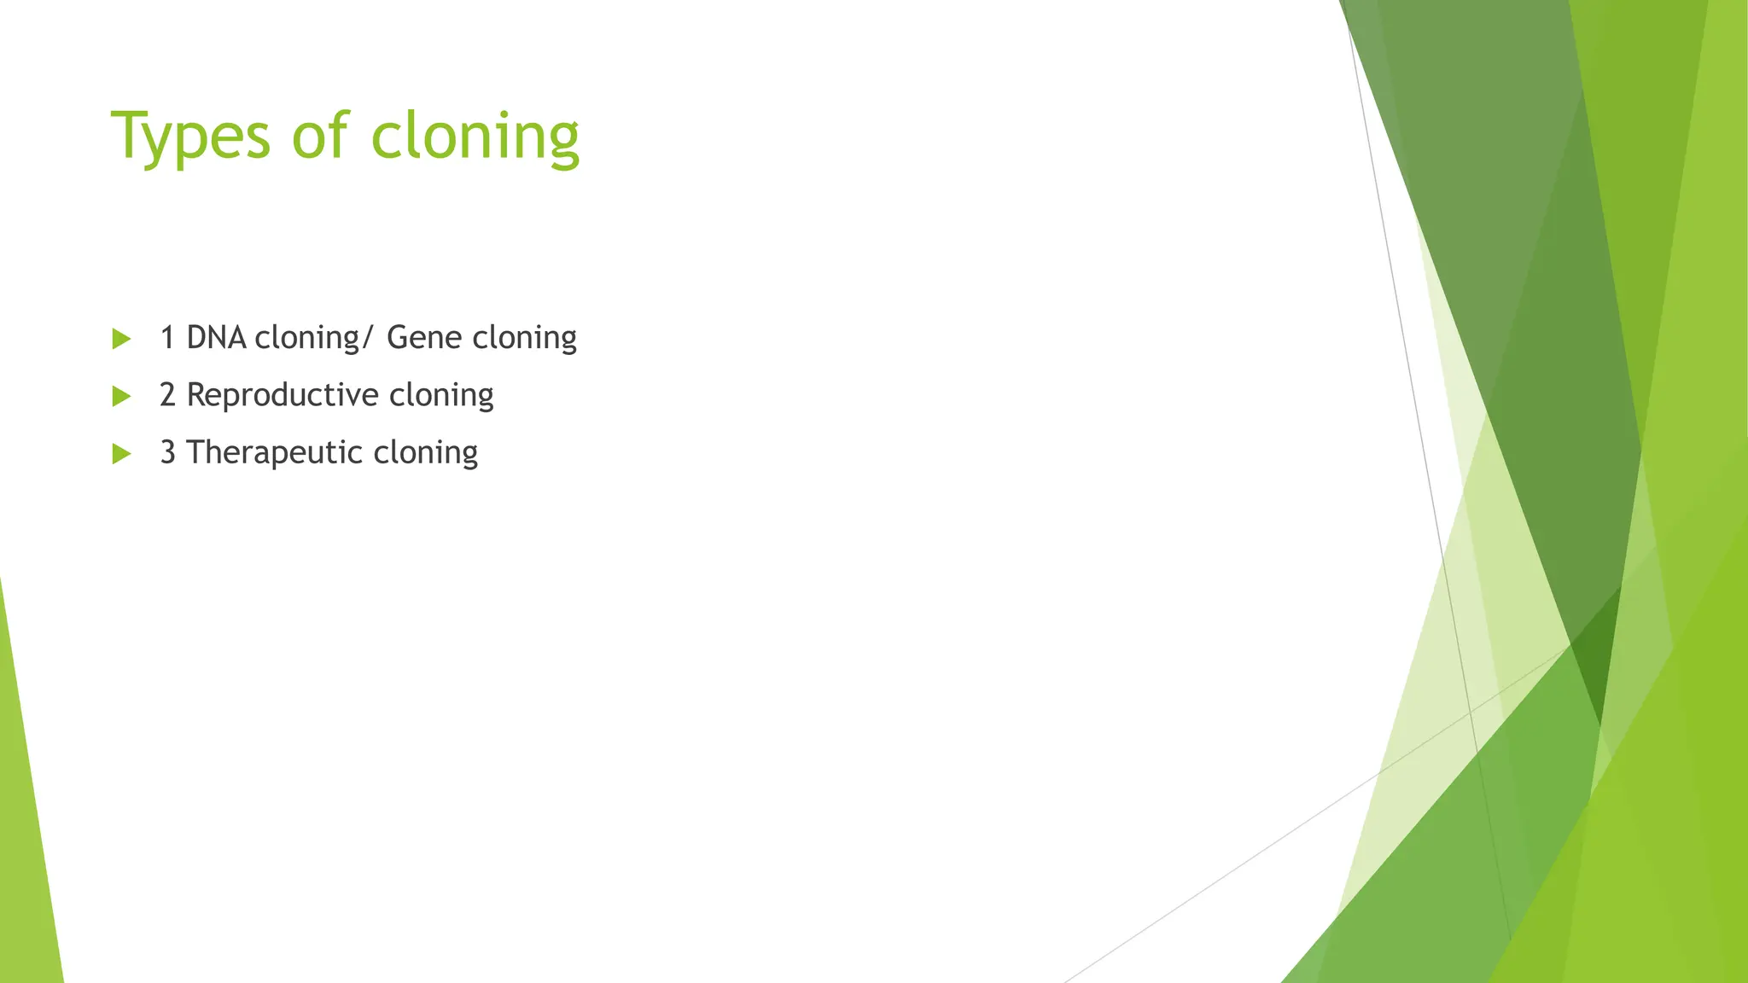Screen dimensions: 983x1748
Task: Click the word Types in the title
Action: pyautogui.click(x=190, y=137)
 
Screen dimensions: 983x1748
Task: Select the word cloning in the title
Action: pyautogui.click(x=475, y=137)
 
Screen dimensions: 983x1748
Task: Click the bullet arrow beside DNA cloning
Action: pyautogui.click(x=121, y=339)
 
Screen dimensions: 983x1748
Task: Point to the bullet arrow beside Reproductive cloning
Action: pyautogui.click(x=121, y=396)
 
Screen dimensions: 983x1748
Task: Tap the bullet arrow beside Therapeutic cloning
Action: pyautogui.click(x=121, y=453)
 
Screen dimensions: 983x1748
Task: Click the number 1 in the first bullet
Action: pyautogui.click(x=167, y=338)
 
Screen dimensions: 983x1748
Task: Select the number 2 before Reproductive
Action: pyautogui.click(x=167, y=395)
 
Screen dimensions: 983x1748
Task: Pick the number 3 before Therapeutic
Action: pyautogui.click(x=167, y=452)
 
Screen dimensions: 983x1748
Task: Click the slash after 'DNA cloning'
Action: pyautogui.click(x=367, y=339)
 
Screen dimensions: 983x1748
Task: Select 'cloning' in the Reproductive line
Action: pyautogui.click(x=441, y=396)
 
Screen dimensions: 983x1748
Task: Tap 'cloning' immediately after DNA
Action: pyautogui.click(x=307, y=339)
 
